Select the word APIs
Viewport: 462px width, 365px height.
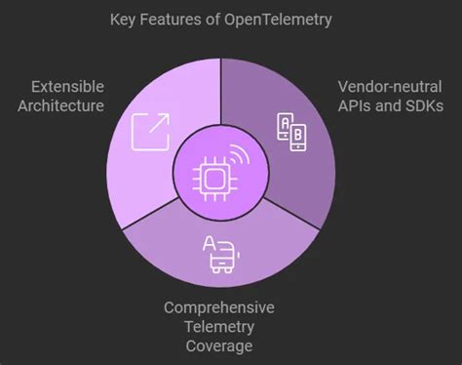[x=356, y=104]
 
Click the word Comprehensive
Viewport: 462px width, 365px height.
[x=218, y=308]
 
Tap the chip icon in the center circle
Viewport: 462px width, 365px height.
[x=215, y=176]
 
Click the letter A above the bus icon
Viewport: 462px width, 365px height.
[x=210, y=243]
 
